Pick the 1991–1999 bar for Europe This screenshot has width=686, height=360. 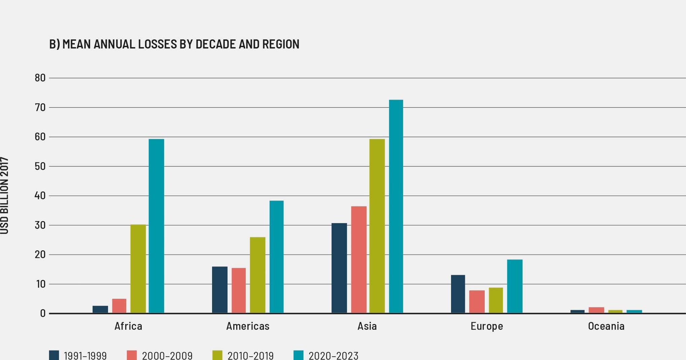458,294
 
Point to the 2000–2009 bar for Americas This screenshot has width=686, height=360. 238,290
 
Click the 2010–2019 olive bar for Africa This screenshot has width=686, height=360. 138,269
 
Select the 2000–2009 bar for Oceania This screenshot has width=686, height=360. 596,310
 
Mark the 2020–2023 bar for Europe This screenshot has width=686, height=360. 515,286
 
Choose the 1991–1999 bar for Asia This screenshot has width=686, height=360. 339,268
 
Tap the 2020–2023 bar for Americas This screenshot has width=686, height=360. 276,257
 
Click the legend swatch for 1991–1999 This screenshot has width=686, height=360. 54,355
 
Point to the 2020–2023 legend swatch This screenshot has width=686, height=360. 298,355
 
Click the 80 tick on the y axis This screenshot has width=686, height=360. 40,78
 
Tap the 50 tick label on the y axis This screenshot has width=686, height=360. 40,167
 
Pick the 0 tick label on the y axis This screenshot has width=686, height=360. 43,314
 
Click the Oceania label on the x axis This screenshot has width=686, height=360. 606,326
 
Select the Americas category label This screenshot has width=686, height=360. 248,326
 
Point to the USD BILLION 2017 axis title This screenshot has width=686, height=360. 4,195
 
